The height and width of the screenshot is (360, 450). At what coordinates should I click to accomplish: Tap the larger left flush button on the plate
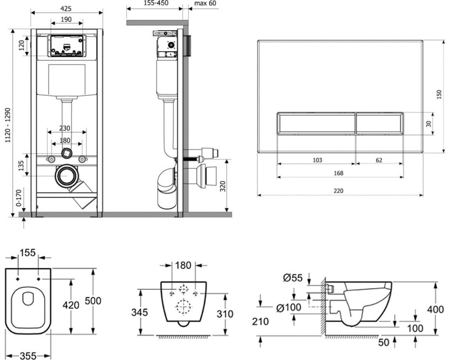pos(316,123)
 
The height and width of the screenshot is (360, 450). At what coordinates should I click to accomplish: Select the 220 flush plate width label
pos(338,190)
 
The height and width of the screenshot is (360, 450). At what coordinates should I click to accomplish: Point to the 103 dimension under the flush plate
pos(316,160)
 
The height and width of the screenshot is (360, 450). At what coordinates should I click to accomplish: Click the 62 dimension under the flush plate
pos(379,160)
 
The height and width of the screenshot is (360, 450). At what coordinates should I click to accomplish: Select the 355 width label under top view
pos(28,355)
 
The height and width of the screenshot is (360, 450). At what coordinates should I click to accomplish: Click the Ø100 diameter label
pos(287,307)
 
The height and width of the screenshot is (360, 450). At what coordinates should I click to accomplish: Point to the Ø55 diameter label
pos(293,278)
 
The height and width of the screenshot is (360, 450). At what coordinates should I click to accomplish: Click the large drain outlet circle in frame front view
pos(67,176)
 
